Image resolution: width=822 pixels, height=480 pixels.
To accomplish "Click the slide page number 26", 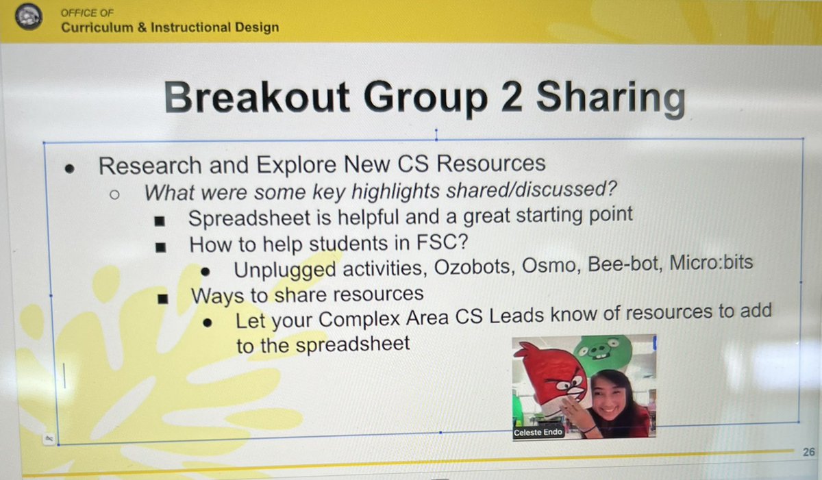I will (x=809, y=452).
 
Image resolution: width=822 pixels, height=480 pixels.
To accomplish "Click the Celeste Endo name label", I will (x=538, y=433).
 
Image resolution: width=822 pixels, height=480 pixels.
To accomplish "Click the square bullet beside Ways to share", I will (x=162, y=298).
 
